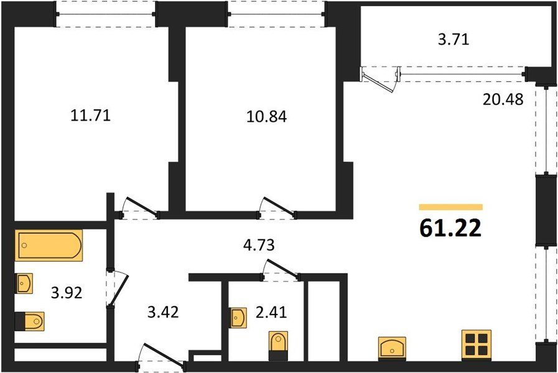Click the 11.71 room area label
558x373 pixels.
coord(91,116)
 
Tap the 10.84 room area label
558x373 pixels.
coord(266,116)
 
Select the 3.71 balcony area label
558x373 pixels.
coord(453,39)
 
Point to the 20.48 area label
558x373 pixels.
coord(503,99)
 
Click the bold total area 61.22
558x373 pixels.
coord(450,228)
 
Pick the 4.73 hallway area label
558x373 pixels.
coord(259,245)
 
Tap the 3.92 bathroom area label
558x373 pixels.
coord(67,293)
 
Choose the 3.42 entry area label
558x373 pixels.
coord(163,312)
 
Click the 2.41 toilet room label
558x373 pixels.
coord(271,312)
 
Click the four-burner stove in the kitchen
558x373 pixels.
coord(477,345)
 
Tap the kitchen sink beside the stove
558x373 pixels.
coord(392,348)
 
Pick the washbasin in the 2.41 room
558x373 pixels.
coord(238,318)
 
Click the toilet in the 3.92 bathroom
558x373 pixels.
coord(29,321)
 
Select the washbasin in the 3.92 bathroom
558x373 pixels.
coord(24,283)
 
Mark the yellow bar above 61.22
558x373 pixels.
coord(450,207)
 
